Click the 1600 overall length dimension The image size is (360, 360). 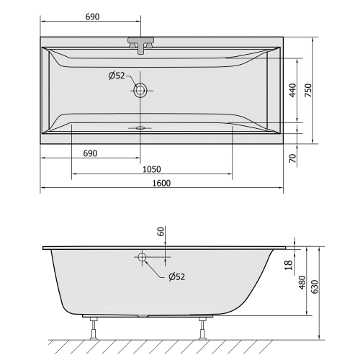(161, 183)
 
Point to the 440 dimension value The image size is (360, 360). (292, 89)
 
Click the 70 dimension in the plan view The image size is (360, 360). (292, 158)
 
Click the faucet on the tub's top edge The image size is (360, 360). (140, 44)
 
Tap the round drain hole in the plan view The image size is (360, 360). (140, 91)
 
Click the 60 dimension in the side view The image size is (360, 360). (161, 232)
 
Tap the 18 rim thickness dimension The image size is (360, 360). (289, 266)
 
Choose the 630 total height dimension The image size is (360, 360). (314, 286)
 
